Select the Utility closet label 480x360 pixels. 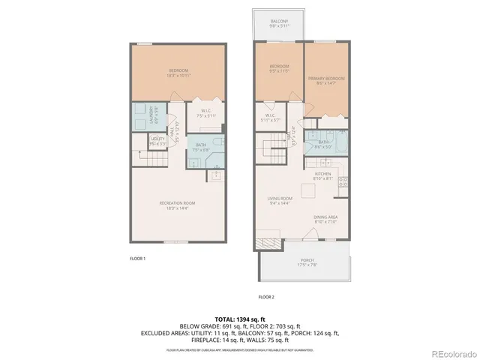point(157,140)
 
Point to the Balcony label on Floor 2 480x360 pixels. point(279,22)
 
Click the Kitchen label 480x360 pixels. point(322,177)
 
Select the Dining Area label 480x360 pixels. point(327,219)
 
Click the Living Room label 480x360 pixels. point(280,200)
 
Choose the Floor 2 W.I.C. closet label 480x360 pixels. point(271,117)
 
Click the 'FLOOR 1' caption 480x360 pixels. point(137,258)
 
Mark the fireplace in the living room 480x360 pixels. point(268,244)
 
